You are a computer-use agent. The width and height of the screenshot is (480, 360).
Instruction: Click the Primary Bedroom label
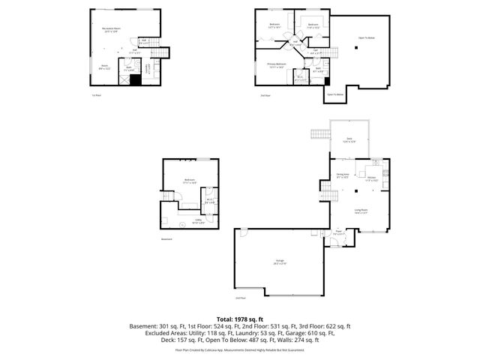click(x=277, y=65)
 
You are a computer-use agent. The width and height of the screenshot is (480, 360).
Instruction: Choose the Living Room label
click(x=361, y=211)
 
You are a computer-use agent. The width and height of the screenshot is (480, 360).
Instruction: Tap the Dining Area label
click(x=342, y=176)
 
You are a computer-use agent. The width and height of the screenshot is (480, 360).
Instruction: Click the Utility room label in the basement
click(x=199, y=221)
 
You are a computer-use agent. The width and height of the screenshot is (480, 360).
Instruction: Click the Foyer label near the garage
click(x=338, y=232)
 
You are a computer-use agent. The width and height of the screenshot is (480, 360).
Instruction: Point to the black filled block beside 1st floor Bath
click(x=135, y=79)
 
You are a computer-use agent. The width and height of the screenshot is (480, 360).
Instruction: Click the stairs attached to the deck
click(x=317, y=134)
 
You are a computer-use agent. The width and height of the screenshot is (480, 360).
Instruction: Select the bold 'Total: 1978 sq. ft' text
click(x=240, y=318)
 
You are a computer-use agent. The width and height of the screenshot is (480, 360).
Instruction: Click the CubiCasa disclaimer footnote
click(x=240, y=349)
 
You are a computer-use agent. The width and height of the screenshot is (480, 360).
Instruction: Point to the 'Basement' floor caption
click(x=166, y=239)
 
